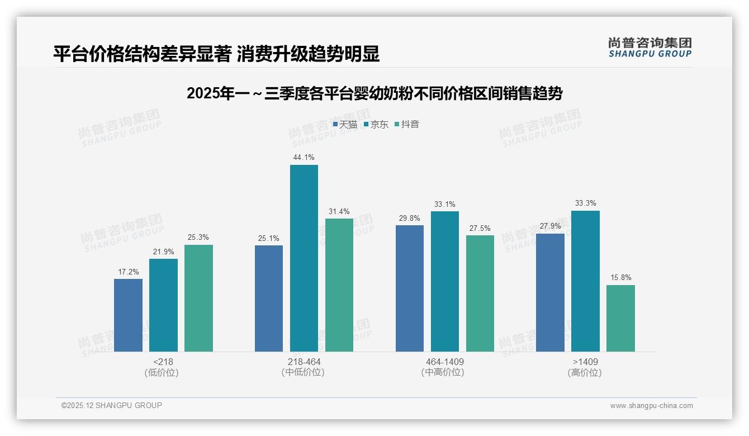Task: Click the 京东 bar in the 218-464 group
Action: coord(304,258)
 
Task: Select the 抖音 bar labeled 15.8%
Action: coord(620,318)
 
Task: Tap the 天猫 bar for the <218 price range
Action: coord(128,315)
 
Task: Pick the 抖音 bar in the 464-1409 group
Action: coord(480,293)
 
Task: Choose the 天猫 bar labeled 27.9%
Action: coord(550,292)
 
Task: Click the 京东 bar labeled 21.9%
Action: coord(163,305)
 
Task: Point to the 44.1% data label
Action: coord(304,158)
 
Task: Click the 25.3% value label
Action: coord(198,238)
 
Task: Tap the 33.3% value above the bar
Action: coord(585,203)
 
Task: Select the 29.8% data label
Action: coord(410,219)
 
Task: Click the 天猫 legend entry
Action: coord(345,125)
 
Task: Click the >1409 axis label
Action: coord(585,362)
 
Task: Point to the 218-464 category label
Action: coord(304,362)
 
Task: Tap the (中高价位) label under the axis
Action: coord(444,372)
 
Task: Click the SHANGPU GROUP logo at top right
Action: coord(650,48)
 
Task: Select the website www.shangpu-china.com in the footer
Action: coord(651,406)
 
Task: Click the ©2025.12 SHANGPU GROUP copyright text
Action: coord(112,406)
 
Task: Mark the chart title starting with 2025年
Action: coord(374,93)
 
